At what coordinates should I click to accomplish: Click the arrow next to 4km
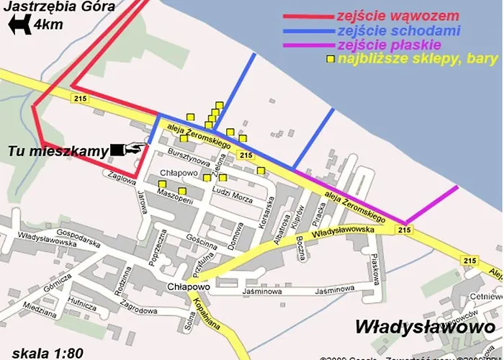(19, 27)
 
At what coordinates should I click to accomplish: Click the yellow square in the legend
(331, 59)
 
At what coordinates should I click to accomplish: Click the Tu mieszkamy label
(58, 151)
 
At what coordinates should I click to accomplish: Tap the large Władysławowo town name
(421, 326)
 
